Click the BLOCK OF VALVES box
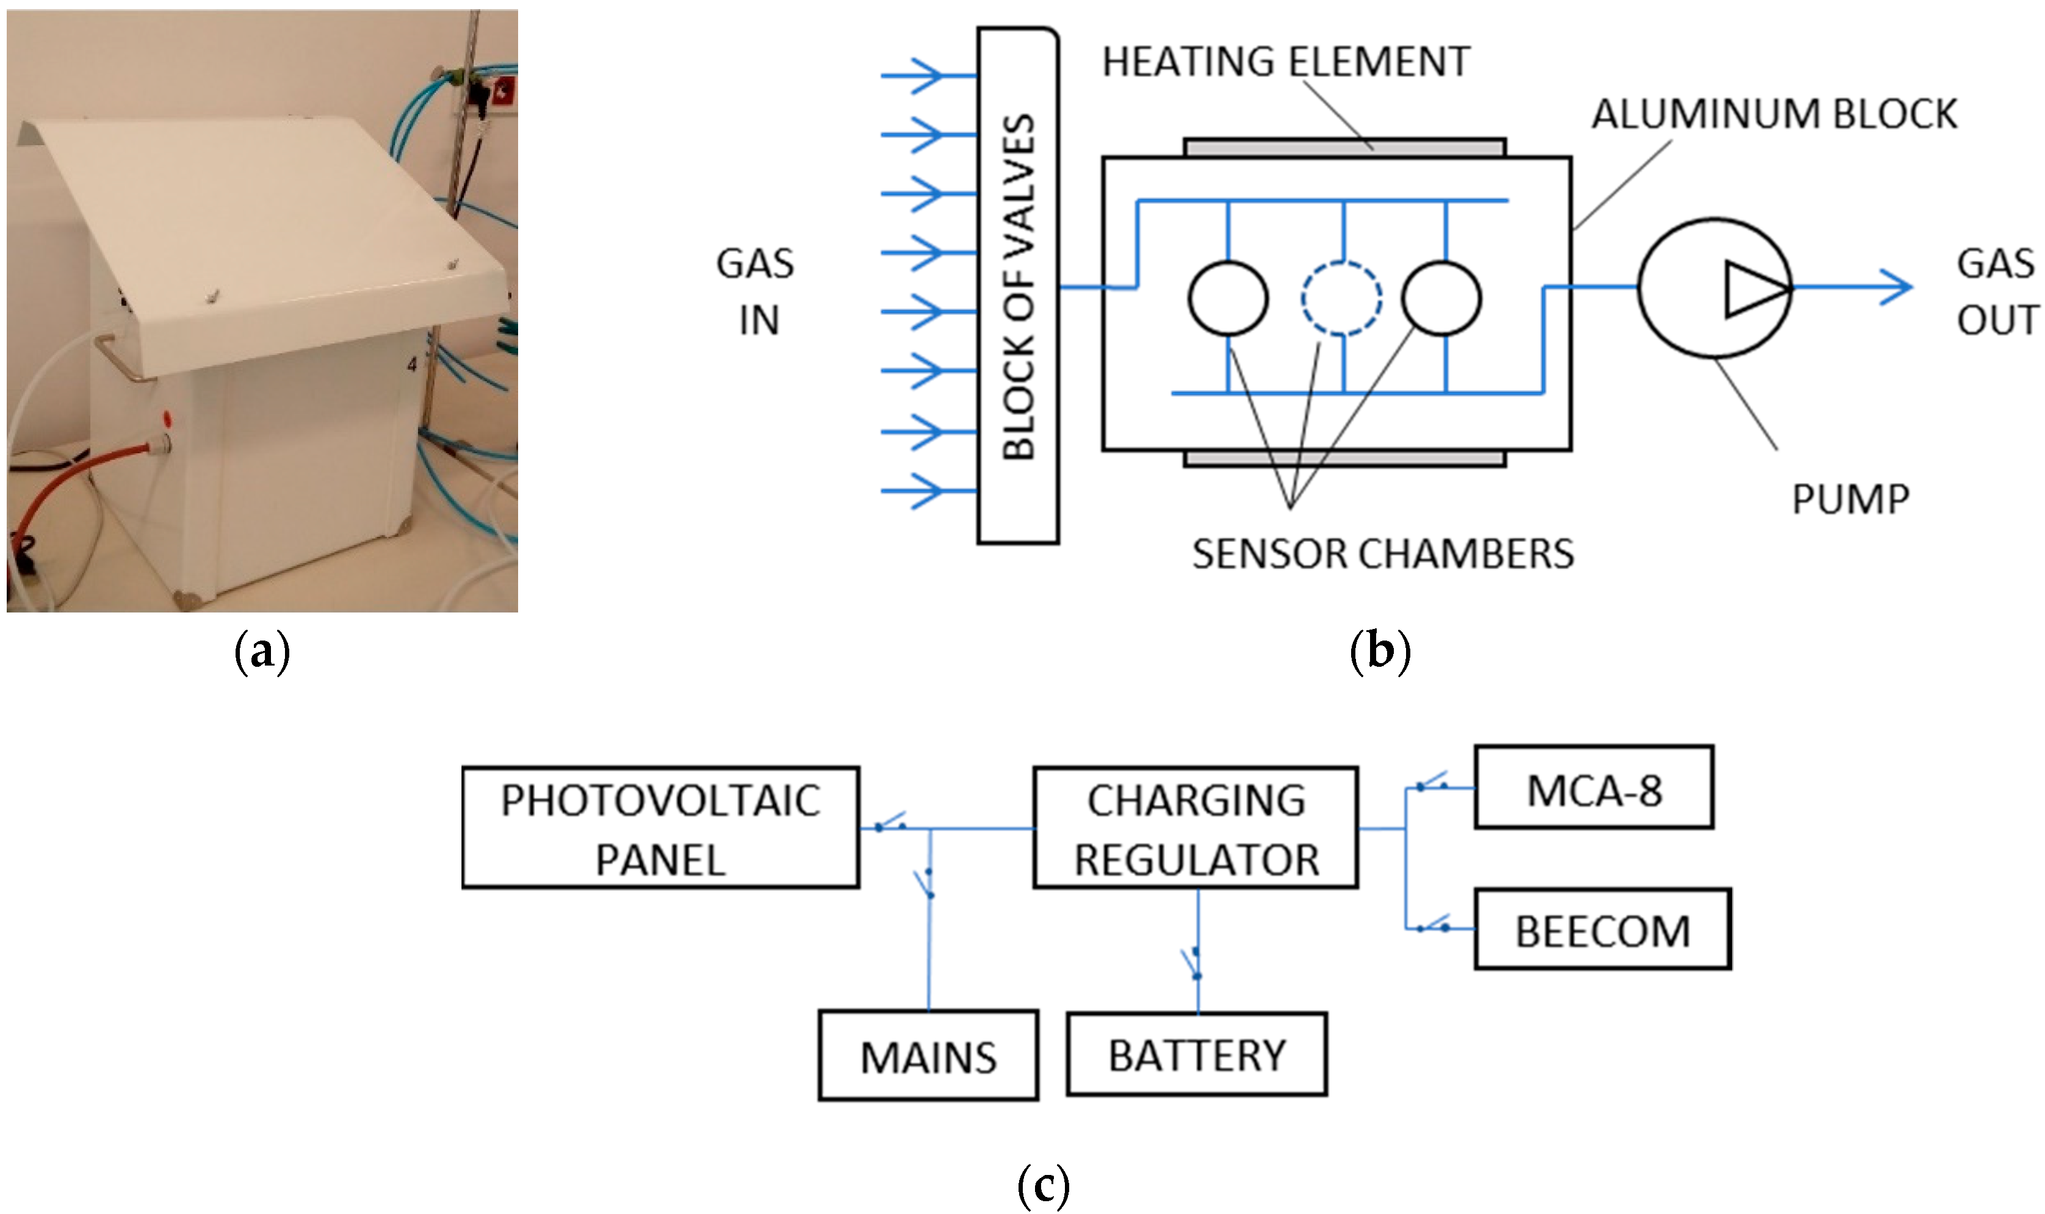pyautogui.click(x=1017, y=286)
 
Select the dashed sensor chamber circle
pyautogui.click(x=1341, y=298)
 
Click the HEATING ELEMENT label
pyautogui.click(x=1286, y=62)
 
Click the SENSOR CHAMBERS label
pyautogui.click(x=1382, y=554)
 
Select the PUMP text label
pyautogui.click(x=1850, y=499)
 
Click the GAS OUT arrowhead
pyautogui.click(x=1898, y=287)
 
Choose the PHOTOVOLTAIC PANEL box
pyautogui.click(x=660, y=828)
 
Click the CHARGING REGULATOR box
pyautogui.click(x=1195, y=828)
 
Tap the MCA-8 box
pyautogui.click(x=1593, y=788)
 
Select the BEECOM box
pyautogui.click(x=1601, y=929)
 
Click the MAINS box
pyautogui.click(x=928, y=1055)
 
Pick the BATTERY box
pyautogui.click(x=1196, y=1055)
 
